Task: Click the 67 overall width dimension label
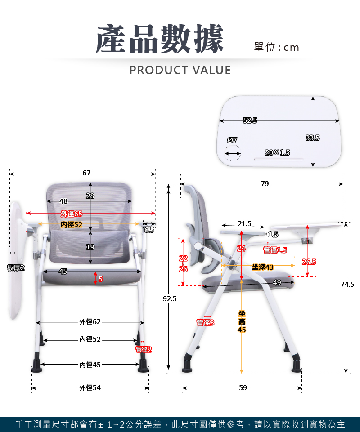point(86,173)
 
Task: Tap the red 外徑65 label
point(72,214)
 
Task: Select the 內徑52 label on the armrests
point(72,224)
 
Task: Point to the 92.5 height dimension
point(169,298)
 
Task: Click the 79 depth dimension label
point(265,184)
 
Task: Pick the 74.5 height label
point(347,284)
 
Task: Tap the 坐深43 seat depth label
point(262,267)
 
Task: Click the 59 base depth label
point(243,388)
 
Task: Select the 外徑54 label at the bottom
point(90,388)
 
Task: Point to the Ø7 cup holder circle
point(233,152)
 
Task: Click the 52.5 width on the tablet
point(250,120)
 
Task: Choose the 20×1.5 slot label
point(277,152)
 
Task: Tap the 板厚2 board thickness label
point(16,267)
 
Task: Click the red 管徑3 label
point(205,322)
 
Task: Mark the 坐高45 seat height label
point(242,321)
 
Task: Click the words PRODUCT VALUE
point(180,70)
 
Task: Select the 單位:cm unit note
point(276,47)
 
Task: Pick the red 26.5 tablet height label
point(309,262)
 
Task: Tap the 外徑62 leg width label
point(90,322)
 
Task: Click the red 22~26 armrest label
point(183,264)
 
